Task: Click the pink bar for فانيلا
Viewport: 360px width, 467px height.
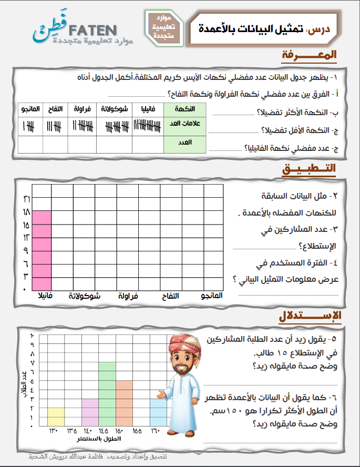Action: (x=42, y=250)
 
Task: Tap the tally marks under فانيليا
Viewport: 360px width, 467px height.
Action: (x=147, y=125)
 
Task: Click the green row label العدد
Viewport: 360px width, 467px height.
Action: (x=183, y=143)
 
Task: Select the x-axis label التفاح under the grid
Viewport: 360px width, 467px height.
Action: (x=169, y=296)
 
